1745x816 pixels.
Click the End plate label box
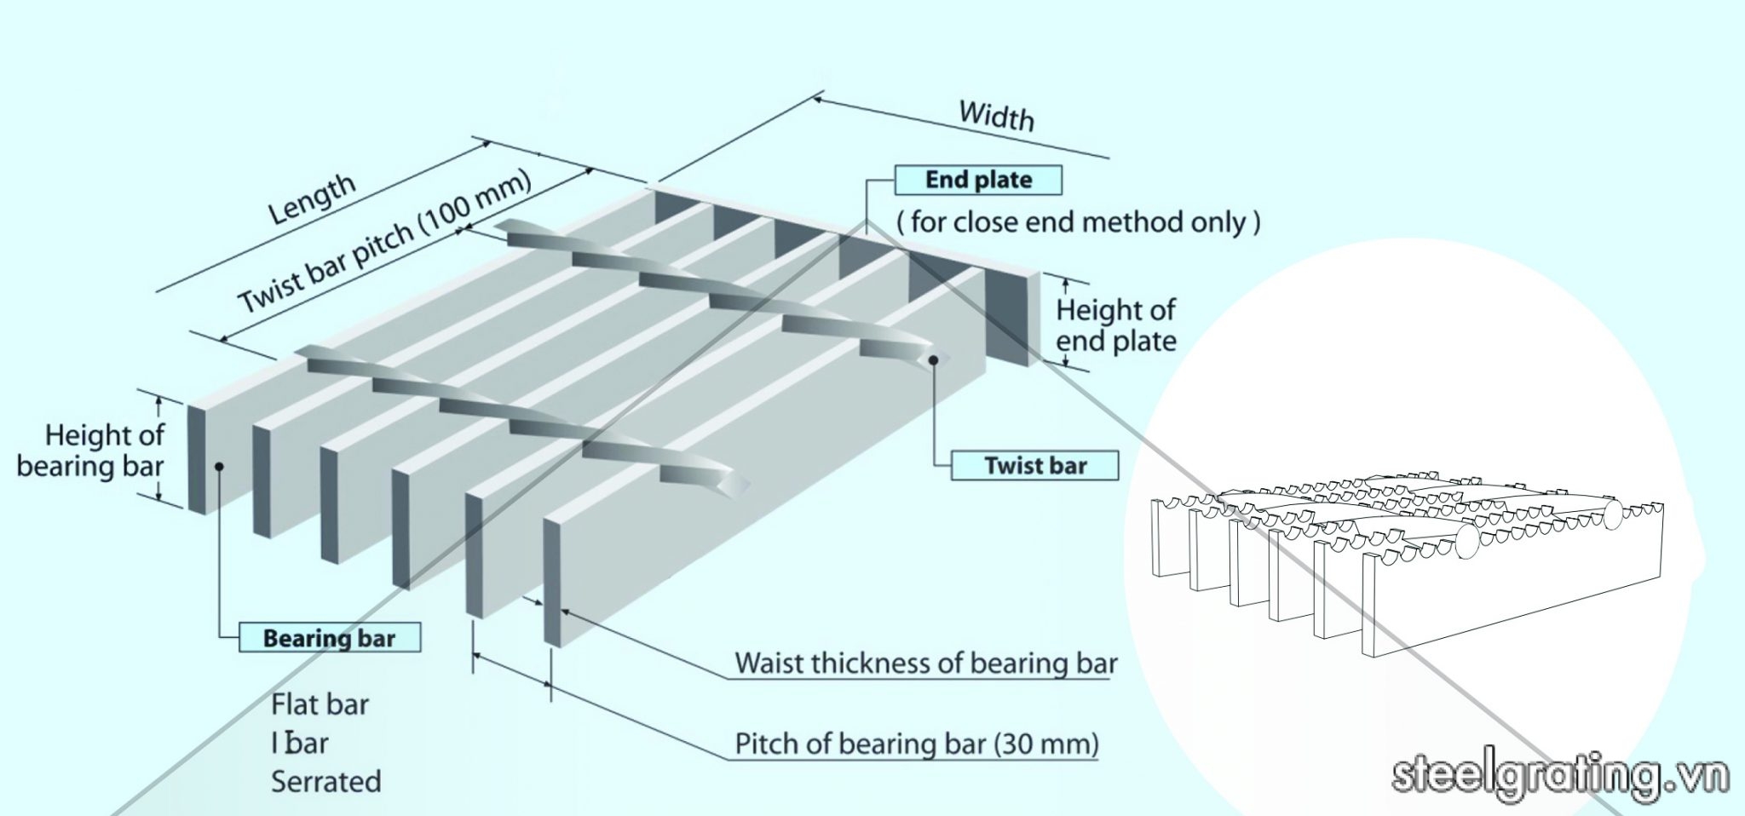click(x=978, y=180)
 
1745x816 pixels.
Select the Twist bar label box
click(x=1034, y=466)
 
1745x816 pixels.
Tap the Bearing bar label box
click(x=329, y=638)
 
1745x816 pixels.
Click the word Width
click(x=996, y=116)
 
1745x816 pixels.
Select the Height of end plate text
click(x=1115, y=325)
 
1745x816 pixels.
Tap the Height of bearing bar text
click(x=92, y=451)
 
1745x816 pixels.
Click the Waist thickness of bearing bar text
click(x=925, y=663)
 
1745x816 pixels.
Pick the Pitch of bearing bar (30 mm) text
click(x=917, y=744)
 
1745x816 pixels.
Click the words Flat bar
click(x=320, y=704)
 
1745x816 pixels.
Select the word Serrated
click(x=325, y=781)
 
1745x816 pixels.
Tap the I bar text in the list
click(x=300, y=743)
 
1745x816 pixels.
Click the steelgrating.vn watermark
click(x=1560, y=776)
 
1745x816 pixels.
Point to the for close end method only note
click(x=1078, y=222)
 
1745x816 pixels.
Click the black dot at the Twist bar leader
click(x=934, y=359)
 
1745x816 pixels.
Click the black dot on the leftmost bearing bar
click(x=219, y=466)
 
